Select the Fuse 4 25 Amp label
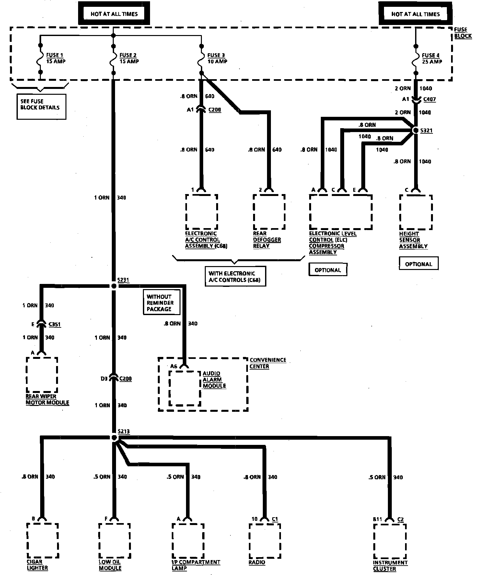[x=431, y=58]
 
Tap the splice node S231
[x=114, y=286]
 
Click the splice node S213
[x=114, y=438]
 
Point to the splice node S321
[x=415, y=130]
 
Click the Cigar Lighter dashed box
[x=42, y=540]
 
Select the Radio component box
[x=264, y=540]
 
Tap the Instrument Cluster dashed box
[x=390, y=540]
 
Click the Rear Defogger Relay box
[x=269, y=212]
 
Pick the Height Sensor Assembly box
[x=416, y=212]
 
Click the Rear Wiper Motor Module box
[x=42, y=375]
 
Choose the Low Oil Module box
[x=114, y=540]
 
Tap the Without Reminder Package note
[x=161, y=303]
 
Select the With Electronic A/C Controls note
[x=235, y=276]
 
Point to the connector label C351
[x=54, y=324]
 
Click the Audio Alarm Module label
[x=214, y=380]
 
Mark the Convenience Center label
[x=268, y=363]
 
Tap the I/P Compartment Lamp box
[x=188, y=540]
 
